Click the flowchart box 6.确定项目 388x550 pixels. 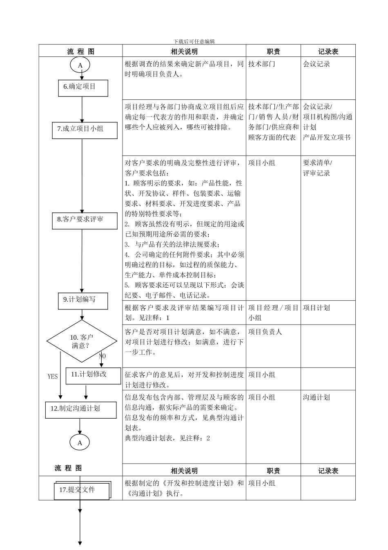(x=83, y=88)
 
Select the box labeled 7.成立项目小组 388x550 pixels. (x=85, y=130)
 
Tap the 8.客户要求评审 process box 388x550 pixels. (x=85, y=220)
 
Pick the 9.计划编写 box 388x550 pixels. (x=83, y=301)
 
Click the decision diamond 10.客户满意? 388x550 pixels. (x=82, y=341)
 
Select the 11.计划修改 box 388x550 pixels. (x=93, y=375)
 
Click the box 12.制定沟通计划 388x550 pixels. (x=80, y=410)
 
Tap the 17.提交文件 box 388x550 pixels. (x=81, y=490)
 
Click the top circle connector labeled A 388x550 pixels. (x=80, y=65)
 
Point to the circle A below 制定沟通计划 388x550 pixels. (x=80, y=443)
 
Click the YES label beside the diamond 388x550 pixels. (x=53, y=376)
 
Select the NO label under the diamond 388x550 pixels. (x=102, y=356)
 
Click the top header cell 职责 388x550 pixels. (x=273, y=52)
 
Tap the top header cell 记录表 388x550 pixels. (x=328, y=52)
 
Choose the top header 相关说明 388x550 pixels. (x=184, y=52)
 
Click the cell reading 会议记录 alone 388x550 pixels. (x=317, y=64)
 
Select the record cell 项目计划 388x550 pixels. (x=317, y=308)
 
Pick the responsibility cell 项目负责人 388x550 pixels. (x=265, y=332)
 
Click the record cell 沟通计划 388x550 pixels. (x=317, y=397)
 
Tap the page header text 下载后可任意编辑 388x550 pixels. (x=194, y=41)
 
